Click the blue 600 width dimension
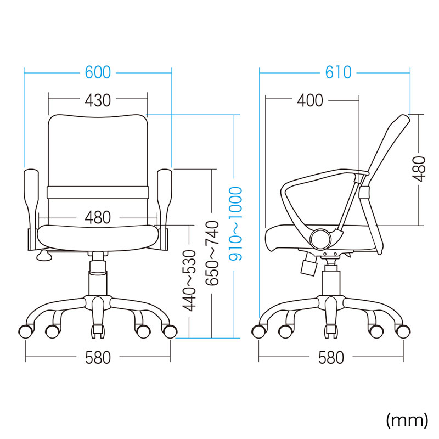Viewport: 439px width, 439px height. [x=98, y=72]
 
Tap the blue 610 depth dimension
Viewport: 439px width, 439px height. [x=338, y=72]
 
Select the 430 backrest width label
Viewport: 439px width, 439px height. [x=98, y=100]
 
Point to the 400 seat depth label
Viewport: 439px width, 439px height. [x=310, y=100]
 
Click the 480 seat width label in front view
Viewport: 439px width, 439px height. [x=98, y=217]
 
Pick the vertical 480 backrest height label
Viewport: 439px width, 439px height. [x=419, y=169]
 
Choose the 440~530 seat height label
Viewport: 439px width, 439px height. [x=189, y=281]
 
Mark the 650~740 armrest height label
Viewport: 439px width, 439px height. [x=212, y=253]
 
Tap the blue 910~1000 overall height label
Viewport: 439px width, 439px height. [x=235, y=224]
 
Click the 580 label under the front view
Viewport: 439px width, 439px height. [x=98, y=358]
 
